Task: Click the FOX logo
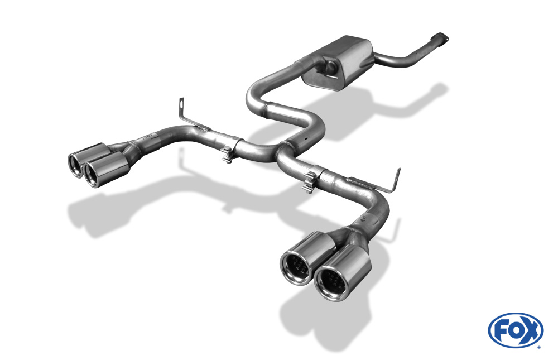tap(516, 330)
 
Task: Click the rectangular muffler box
tap(338, 63)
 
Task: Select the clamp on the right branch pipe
tap(310, 182)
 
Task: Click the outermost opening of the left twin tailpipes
tap(75, 165)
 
